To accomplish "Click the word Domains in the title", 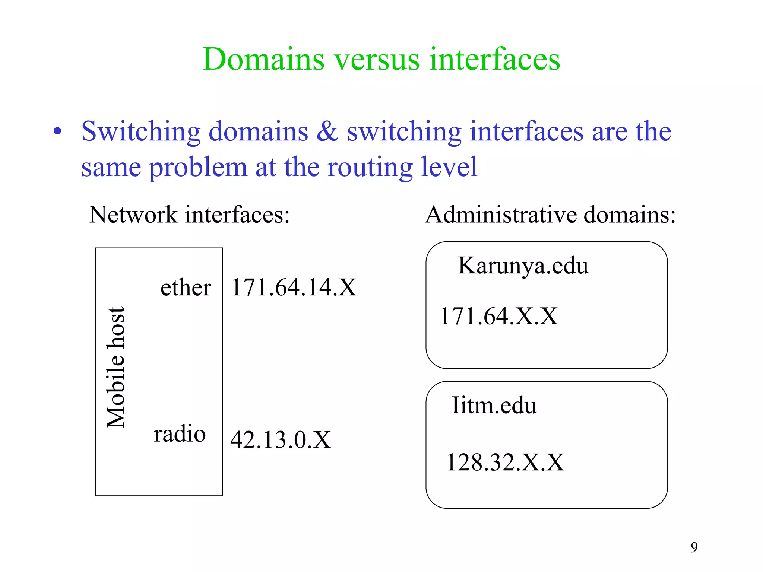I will click(263, 60).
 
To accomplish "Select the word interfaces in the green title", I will click(494, 60).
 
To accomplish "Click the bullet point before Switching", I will click(57, 131).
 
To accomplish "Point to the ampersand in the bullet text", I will click(327, 131).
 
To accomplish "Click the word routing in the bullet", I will click(369, 168).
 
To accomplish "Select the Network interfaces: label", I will click(189, 215).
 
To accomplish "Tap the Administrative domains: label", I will click(550, 215).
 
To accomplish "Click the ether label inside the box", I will click(186, 287).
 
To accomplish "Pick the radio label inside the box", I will click(180, 434).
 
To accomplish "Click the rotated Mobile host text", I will click(115, 367).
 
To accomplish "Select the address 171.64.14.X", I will click(294, 287).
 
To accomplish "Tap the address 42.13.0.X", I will click(280, 440).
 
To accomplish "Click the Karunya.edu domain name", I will click(523, 266).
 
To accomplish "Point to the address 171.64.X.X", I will click(498, 317).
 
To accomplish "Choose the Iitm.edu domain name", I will click(494, 405).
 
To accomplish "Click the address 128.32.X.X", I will click(505, 463).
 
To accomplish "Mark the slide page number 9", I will click(694, 547).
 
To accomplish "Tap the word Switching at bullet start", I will click(141, 132).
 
